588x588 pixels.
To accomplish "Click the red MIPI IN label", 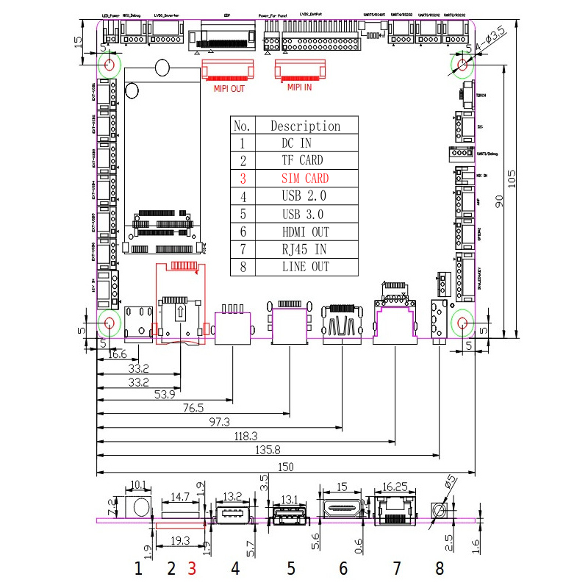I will (x=299, y=87).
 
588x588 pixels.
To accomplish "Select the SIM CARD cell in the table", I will (x=305, y=179).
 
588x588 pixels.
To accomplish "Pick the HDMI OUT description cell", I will (x=305, y=232).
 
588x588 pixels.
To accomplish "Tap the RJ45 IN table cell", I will (x=305, y=249).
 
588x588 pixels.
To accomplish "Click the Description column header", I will (x=305, y=126).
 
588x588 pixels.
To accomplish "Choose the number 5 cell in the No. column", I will (x=242, y=214).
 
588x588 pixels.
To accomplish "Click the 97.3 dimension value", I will (x=219, y=422).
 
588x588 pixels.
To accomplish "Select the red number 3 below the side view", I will (x=193, y=568).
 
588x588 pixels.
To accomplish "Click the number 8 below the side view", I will (x=440, y=568).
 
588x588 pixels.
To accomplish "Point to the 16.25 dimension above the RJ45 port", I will (x=395, y=487).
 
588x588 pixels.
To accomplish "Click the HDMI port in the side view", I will (x=341, y=509).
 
